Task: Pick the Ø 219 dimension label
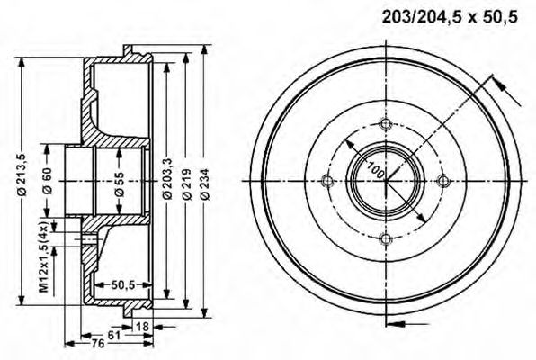pyautogui.click(x=186, y=184)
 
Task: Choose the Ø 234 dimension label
pyautogui.click(x=206, y=184)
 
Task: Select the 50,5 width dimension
pyautogui.click(x=123, y=286)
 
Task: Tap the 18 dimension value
pyautogui.click(x=143, y=326)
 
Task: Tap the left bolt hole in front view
pyautogui.click(x=328, y=182)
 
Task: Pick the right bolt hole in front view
pyautogui.click(x=442, y=182)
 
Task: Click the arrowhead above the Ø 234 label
pyautogui.click(x=206, y=51)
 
